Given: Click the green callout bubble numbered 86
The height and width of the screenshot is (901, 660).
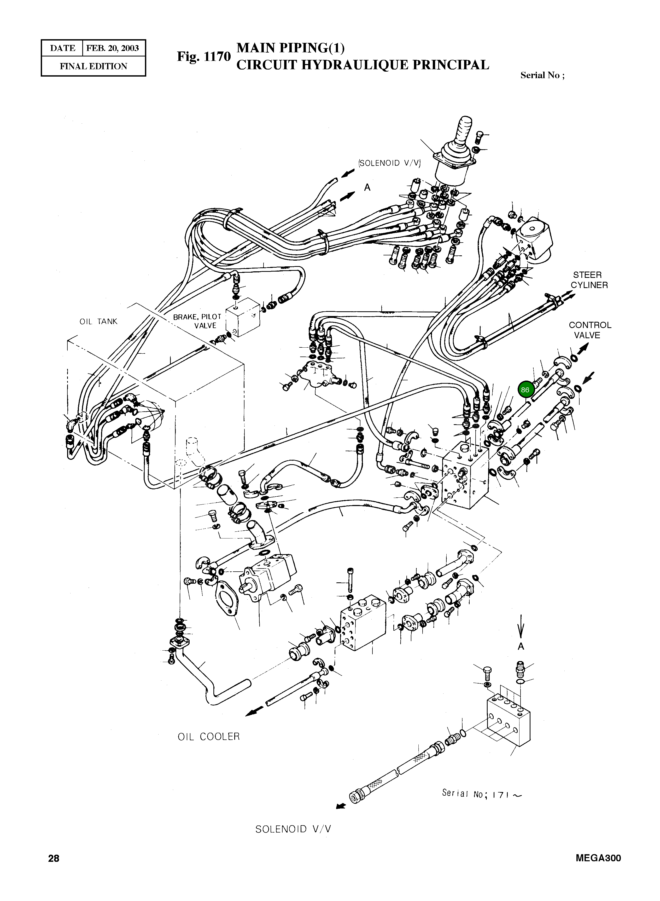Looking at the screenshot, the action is pos(525,390).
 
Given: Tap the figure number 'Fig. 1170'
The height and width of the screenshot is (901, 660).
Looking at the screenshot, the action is pos(204,56).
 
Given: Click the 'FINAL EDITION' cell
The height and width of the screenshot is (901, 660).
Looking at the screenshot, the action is pos(94,66).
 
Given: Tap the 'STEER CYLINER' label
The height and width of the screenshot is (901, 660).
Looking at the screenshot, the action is pos(589,280).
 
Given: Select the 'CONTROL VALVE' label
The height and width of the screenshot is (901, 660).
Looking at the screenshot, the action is pos(590,330).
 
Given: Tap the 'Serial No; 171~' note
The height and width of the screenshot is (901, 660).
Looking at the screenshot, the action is pos(481,794).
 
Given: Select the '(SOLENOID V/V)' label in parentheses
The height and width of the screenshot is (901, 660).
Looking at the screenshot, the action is pos(389,163).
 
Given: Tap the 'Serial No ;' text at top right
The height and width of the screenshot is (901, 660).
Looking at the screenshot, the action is pos(542,76).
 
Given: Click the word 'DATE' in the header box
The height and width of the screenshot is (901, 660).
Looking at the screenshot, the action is pos(63,48).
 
